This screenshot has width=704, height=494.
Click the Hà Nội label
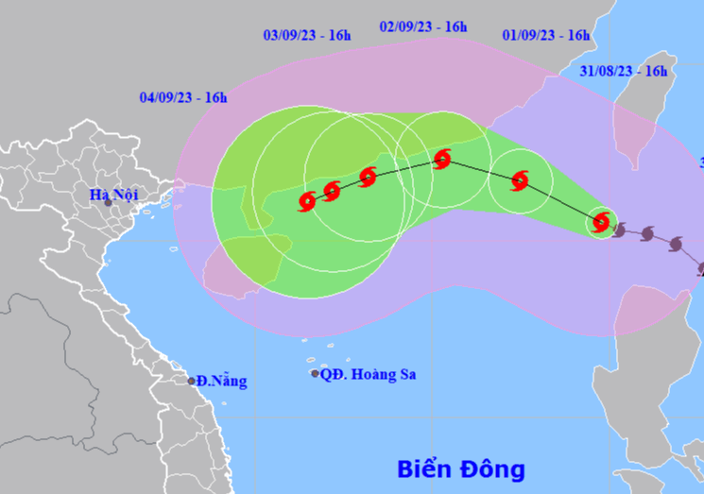pyautogui.click(x=113, y=195)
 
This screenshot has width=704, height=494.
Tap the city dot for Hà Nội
pyautogui.click(x=108, y=203)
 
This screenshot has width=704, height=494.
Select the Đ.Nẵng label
pyautogui.click(x=222, y=382)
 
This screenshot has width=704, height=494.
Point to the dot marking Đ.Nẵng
pyautogui.click(x=191, y=382)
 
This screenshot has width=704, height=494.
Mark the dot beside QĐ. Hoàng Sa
pyautogui.click(x=315, y=374)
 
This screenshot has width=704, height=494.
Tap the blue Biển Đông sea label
pyautogui.click(x=460, y=468)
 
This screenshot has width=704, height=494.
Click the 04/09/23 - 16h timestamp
pyautogui.click(x=183, y=96)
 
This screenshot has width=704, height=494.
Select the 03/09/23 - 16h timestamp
pyautogui.click(x=307, y=36)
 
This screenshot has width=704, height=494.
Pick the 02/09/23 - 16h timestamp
pyautogui.click(x=423, y=27)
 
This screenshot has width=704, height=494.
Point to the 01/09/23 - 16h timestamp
pyautogui.click(x=546, y=36)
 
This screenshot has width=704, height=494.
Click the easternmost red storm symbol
pyautogui.click(x=601, y=223)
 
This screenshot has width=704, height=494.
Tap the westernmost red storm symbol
pyautogui.click(x=307, y=200)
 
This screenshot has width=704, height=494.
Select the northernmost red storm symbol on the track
pyautogui.click(x=441, y=159)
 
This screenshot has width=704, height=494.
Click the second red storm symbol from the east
pyautogui.click(x=520, y=180)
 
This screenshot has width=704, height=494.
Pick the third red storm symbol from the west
pyautogui.click(x=368, y=177)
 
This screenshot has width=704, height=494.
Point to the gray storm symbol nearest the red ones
pyautogui.click(x=620, y=230)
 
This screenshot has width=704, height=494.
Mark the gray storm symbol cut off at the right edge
pyautogui.click(x=700, y=268)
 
